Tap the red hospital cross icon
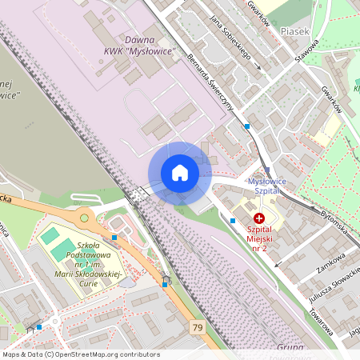click(258, 218)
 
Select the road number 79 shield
click(198, 327)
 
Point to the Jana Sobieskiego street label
click(230, 38)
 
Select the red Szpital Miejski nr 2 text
click(259, 239)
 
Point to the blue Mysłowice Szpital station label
click(267, 186)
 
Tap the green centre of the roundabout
click(84, 218)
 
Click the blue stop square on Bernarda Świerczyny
click(247, 126)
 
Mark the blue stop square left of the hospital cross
click(233, 220)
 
